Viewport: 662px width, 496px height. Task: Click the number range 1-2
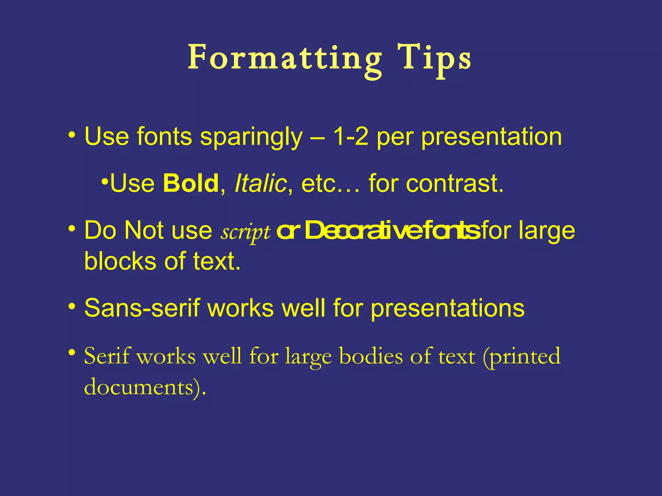(x=350, y=136)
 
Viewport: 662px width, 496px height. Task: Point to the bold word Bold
(x=191, y=183)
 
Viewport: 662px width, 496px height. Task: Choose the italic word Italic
(x=261, y=183)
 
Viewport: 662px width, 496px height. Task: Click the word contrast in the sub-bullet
(x=454, y=183)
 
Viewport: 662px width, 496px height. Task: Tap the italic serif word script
(x=245, y=232)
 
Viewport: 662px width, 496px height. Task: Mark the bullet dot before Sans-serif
(x=72, y=305)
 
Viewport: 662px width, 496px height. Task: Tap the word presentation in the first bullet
(x=491, y=137)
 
